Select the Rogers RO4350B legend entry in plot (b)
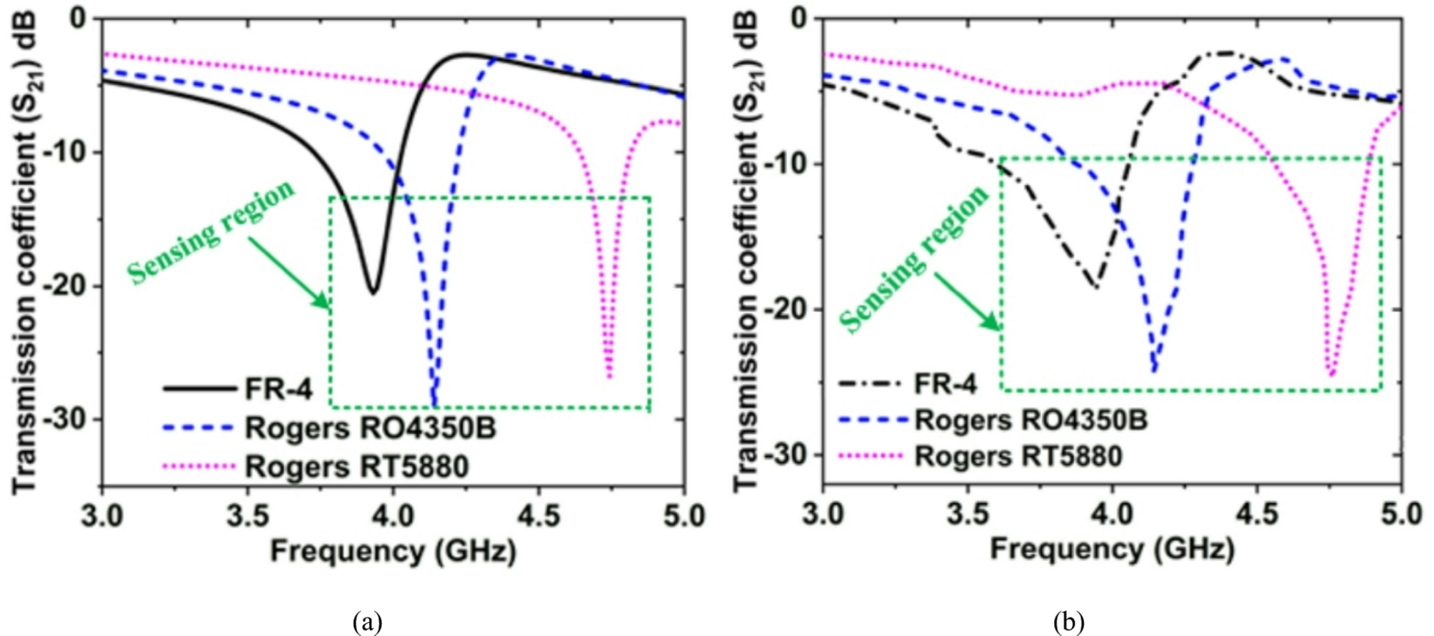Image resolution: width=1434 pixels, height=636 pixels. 1031,420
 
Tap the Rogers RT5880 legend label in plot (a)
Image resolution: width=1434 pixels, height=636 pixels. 356,467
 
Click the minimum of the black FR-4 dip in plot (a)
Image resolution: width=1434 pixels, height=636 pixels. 373,292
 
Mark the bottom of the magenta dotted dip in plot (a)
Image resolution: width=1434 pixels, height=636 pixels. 608,376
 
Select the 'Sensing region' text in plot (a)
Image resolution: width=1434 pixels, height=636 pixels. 211,232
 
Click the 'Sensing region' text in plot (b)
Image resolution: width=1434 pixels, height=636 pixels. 915,259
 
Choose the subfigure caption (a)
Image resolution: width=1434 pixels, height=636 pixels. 367,622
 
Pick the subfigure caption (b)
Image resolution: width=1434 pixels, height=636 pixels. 1068,622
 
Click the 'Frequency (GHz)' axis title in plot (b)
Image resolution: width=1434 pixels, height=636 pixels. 1112,550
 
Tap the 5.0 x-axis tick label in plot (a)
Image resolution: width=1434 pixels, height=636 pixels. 683,515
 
